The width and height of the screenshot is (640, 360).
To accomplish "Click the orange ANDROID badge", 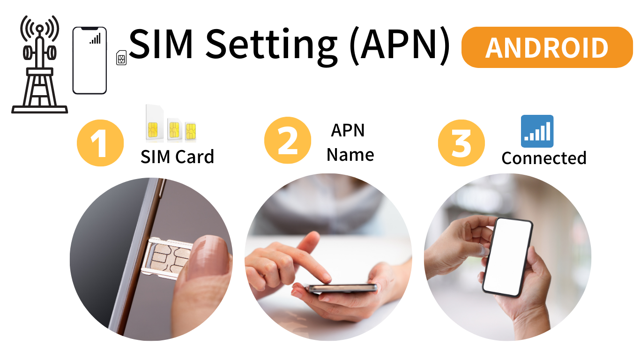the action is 547,47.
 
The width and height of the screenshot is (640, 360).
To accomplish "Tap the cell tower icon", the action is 40,64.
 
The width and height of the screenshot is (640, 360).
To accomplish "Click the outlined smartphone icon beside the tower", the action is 89,60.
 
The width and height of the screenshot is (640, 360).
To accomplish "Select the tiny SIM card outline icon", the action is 121,58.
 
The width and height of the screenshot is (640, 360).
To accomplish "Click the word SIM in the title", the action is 161,45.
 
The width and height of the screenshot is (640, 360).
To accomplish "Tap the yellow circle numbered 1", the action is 100,142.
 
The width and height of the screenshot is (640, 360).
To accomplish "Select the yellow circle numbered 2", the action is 287,140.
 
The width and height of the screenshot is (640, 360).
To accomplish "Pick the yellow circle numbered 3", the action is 461,142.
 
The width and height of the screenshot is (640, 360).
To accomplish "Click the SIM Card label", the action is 177,157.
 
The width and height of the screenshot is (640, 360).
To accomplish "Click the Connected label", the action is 543,158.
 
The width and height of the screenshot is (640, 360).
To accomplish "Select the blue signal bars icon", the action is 537,131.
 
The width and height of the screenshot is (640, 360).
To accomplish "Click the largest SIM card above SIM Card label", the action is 154,123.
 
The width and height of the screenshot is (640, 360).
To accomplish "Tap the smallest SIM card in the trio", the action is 191,131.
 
